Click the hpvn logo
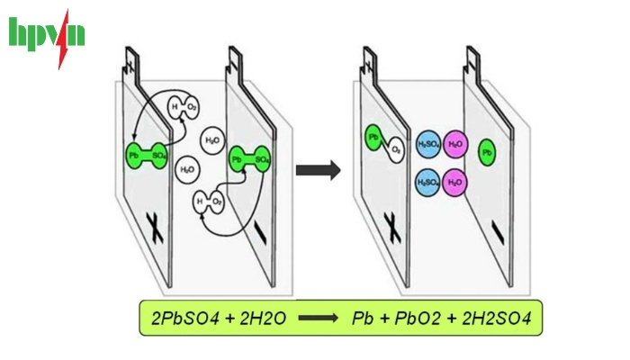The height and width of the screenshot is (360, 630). coord(47,36)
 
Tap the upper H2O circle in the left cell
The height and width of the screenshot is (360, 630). coord(213,139)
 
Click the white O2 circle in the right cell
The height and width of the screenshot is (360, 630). coord(394,148)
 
